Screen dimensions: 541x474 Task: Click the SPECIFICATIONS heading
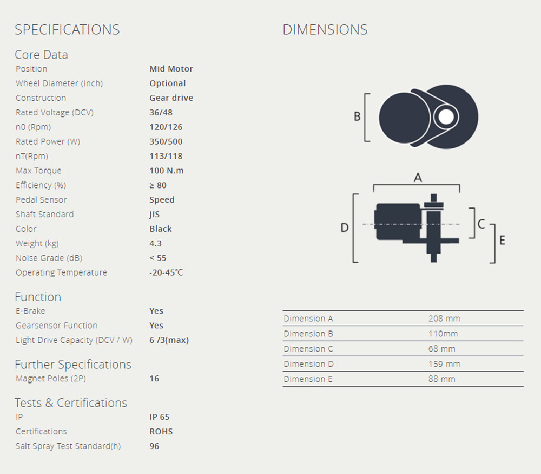click(x=67, y=30)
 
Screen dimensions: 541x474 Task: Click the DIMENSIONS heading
click(x=325, y=30)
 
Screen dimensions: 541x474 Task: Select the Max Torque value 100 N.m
click(x=167, y=171)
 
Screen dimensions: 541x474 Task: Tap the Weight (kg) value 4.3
click(x=156, y=244)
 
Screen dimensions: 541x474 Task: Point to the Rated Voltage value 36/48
click(x=161, y=113)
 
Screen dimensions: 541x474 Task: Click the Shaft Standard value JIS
click(x=155, y=215)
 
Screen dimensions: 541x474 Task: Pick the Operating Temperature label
click(x=62, y=272)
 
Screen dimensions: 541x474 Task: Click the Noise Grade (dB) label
click(x=49, y=258)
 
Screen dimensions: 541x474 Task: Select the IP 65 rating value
click(x=160, y=417)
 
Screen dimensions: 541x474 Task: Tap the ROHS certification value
click(x=161, y=432)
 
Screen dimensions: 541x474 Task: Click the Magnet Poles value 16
click(x=154, y=379)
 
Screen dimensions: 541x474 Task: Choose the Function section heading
click(x=38, y=297)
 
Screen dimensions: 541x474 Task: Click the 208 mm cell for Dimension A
click(x=444, y=319)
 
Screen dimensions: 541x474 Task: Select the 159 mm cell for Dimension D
click(x=444, y=364)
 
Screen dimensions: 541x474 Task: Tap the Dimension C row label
click(x=308, y=349)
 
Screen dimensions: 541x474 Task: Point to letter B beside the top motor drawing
click(x=357, y=116)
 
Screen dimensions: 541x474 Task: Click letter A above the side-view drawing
click(x=418, y=178)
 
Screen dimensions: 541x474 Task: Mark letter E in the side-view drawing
click(x=503, y=240)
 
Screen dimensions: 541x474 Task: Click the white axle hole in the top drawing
click(x=446, y=117)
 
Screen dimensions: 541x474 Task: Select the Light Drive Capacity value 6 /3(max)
click(x=169, y=340)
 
